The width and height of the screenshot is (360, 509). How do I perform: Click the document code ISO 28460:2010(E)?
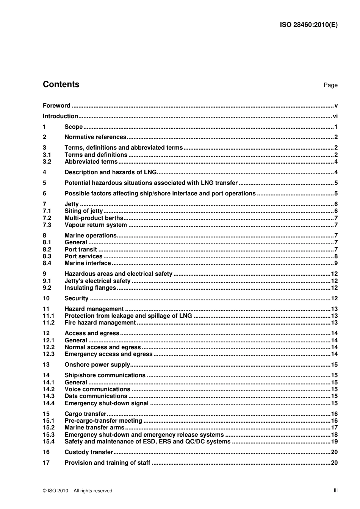308,25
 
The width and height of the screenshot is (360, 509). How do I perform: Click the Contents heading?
61,84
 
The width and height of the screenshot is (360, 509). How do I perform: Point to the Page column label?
330,85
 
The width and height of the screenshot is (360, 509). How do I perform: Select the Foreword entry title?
56,106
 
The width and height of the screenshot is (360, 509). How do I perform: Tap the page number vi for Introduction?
335,116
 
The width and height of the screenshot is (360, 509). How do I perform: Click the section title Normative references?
95,137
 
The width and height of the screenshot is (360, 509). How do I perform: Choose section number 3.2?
47,162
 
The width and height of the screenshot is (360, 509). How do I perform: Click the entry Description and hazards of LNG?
110,172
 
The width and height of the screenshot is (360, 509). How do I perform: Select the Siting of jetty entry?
83,211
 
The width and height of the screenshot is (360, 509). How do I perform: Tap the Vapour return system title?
95,225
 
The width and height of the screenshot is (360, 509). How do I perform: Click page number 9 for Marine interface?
336,263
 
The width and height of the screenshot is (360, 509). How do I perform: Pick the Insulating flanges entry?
90,288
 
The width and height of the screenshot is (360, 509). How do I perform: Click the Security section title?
76,298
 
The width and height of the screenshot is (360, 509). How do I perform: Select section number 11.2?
49,323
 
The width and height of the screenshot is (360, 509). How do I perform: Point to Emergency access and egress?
108,354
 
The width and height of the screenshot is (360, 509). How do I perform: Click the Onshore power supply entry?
97,365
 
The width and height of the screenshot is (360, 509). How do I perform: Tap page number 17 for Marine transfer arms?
334,428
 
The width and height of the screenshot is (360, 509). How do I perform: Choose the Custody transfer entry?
89,452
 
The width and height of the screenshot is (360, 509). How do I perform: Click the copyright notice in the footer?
78,491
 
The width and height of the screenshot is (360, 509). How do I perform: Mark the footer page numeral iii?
335,490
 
